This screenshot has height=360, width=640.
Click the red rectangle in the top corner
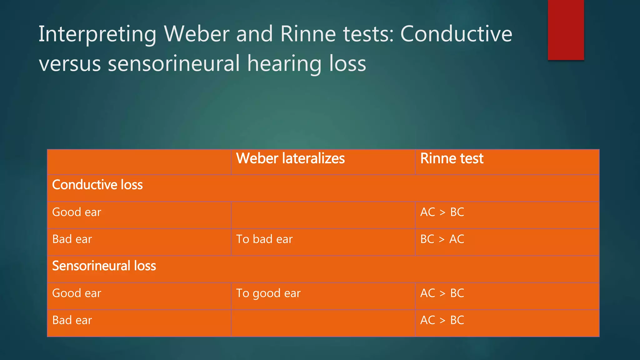click(566, 30)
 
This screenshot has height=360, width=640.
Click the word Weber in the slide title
click(197, 34)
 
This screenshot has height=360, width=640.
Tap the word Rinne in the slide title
click(308, 34)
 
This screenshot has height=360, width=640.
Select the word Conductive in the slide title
click(456, 34)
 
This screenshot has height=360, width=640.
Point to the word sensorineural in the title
click(174, 63)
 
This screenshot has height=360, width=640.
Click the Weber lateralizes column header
click(290, 158)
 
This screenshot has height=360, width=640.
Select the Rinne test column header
click(452, 158)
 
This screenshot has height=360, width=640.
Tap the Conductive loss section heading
click(97, 185)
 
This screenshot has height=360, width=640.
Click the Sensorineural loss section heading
click(104, 266)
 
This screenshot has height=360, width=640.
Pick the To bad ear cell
click(264, 239)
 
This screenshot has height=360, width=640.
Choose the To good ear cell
click(268, 293)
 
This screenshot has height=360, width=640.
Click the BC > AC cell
click(442, 239)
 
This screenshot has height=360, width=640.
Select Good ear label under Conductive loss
click(77, 212)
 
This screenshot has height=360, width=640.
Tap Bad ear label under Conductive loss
click(72, 239)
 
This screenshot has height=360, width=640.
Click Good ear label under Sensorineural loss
click(77, 293)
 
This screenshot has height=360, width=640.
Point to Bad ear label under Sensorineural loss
click(72, 320)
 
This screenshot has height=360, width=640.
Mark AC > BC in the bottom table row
click(442, 320)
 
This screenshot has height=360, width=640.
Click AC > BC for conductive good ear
click(442, 212)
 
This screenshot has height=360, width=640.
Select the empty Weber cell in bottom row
click(323, 323)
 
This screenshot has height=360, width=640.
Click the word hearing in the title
click(284, 63)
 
